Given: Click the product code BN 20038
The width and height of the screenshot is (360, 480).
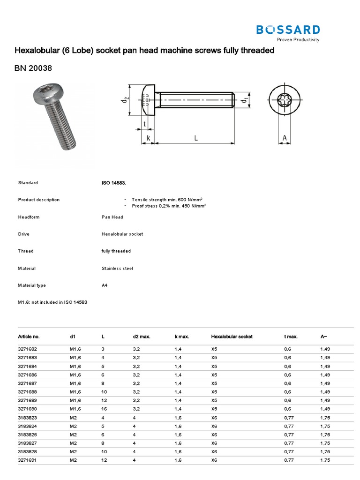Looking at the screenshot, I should pos(33,68).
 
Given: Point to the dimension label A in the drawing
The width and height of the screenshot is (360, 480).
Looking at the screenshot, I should pos(284,138).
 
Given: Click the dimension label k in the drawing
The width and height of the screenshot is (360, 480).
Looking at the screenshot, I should pos(148,138).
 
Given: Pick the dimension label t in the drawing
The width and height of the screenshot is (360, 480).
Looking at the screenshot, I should pos(144,124).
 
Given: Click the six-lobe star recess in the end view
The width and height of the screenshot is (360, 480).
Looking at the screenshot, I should pos(284,100).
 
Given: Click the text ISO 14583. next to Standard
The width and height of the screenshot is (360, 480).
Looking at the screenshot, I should pos(113,183).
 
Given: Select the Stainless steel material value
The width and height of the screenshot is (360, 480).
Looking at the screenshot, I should pos(117,269).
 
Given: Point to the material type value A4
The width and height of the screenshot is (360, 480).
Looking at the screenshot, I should pos(105,285).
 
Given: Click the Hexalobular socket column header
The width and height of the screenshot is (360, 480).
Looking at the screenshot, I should pos(232,337).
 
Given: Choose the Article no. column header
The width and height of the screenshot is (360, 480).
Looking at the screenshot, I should pos(29,337).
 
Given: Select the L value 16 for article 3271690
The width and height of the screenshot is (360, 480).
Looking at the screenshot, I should pos(104,409).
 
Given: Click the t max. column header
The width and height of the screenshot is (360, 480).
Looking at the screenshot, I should pos(291,337).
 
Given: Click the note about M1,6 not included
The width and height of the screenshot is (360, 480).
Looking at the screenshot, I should pos(52,302).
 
